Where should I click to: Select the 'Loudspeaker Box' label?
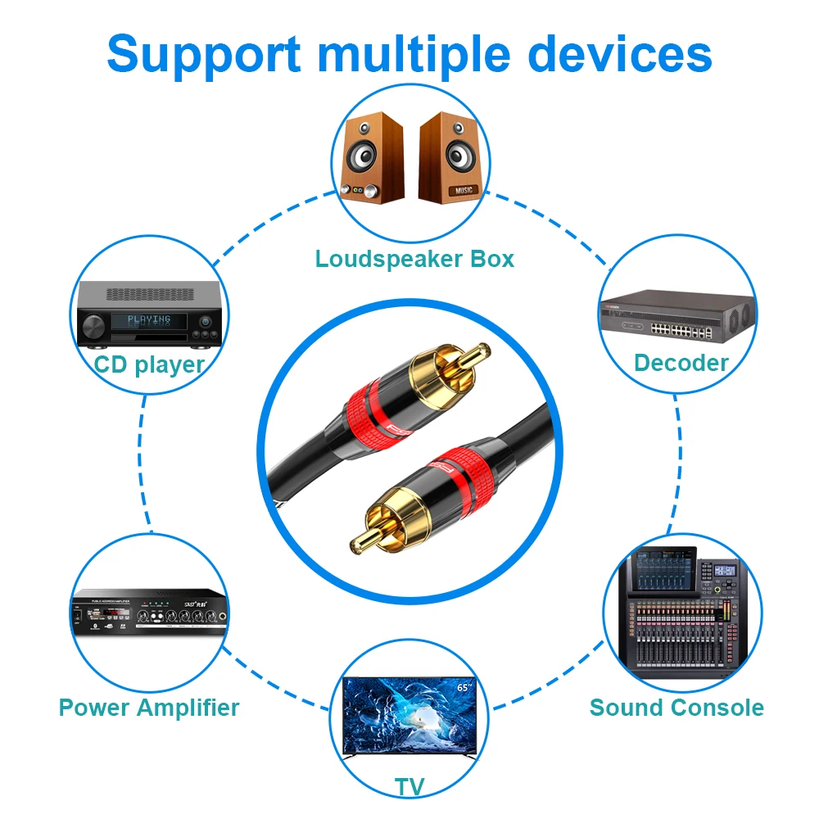click(x=414, y=259)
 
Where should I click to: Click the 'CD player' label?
click(x=148, y=364)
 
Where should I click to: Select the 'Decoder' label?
click(x=681, y=363)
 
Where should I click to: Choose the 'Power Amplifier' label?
click(x=148, y=707)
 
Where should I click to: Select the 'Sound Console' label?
click(x=676, y=707)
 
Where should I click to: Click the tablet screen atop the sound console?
click(x=661, y=566)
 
